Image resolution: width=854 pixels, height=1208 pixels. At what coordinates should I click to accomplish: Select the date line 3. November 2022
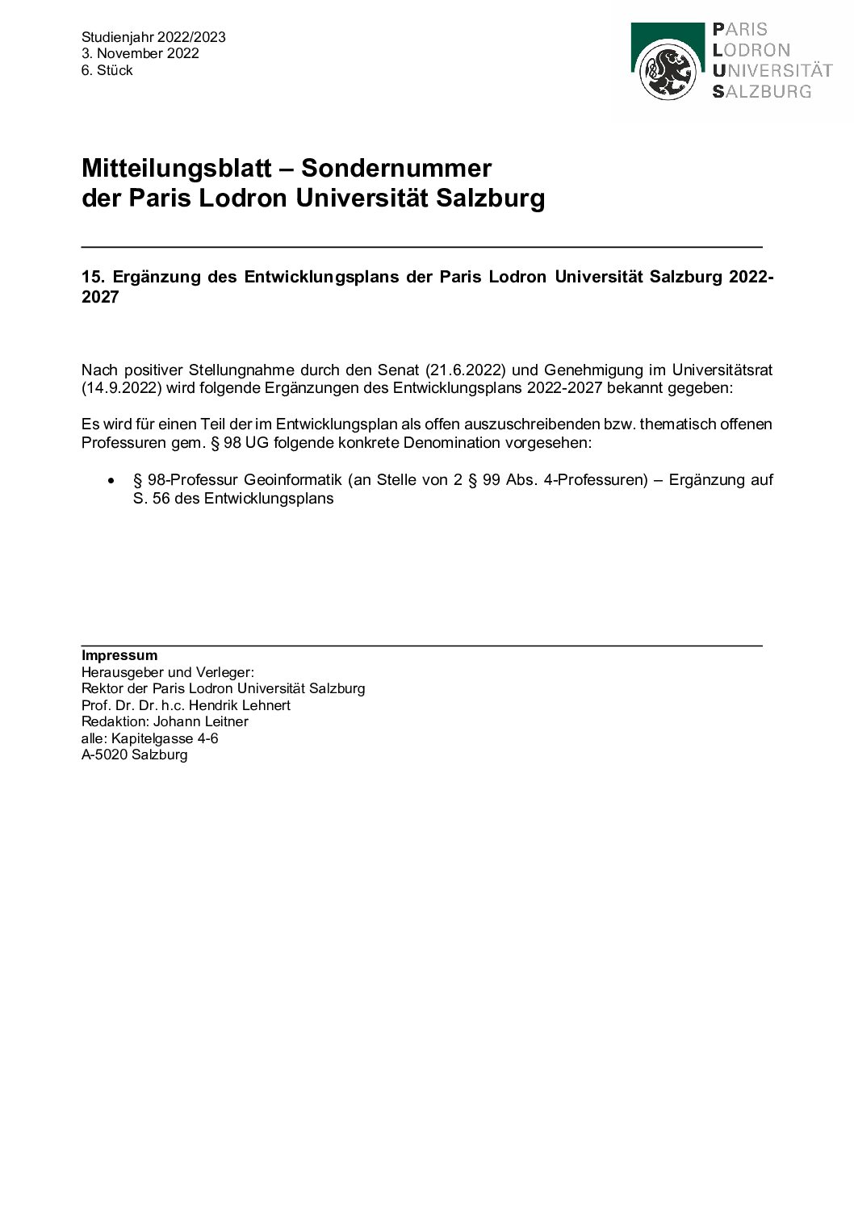tap(140, 54)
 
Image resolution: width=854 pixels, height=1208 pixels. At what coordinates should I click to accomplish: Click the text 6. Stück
tap(107, 71)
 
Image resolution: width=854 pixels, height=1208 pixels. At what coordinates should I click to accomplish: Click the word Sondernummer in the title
tap(396, 169)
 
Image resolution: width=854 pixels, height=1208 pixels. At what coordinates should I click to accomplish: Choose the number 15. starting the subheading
tap(93, 277)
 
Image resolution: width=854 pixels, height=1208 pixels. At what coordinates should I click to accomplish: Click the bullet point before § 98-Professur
tap(111, 480)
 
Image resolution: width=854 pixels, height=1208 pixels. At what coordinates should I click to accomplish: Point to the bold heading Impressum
tap(119, 655)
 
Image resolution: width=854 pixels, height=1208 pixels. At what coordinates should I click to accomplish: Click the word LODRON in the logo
tap(751, 50)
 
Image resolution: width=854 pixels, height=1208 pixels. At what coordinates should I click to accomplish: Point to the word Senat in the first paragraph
tap(396, 370)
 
